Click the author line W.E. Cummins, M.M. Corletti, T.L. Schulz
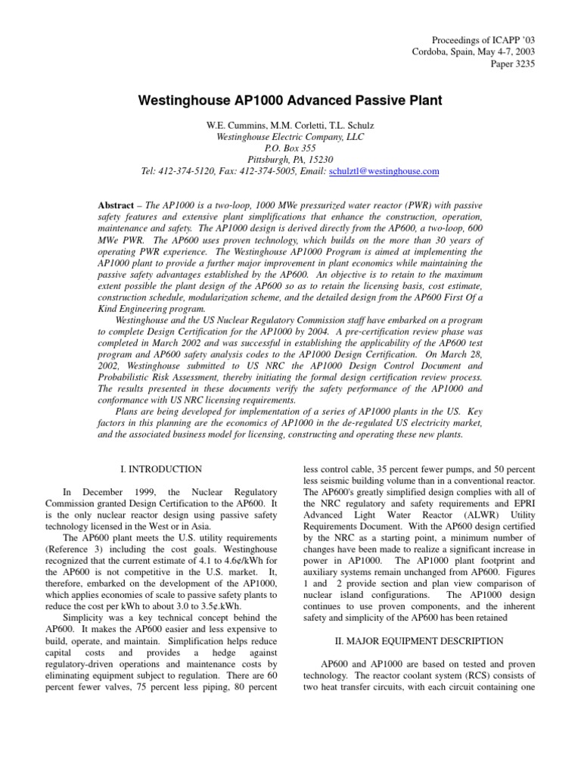pyautogui.click(x=290, y=123)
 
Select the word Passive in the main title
pyautogui.click(x=355, y=100)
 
